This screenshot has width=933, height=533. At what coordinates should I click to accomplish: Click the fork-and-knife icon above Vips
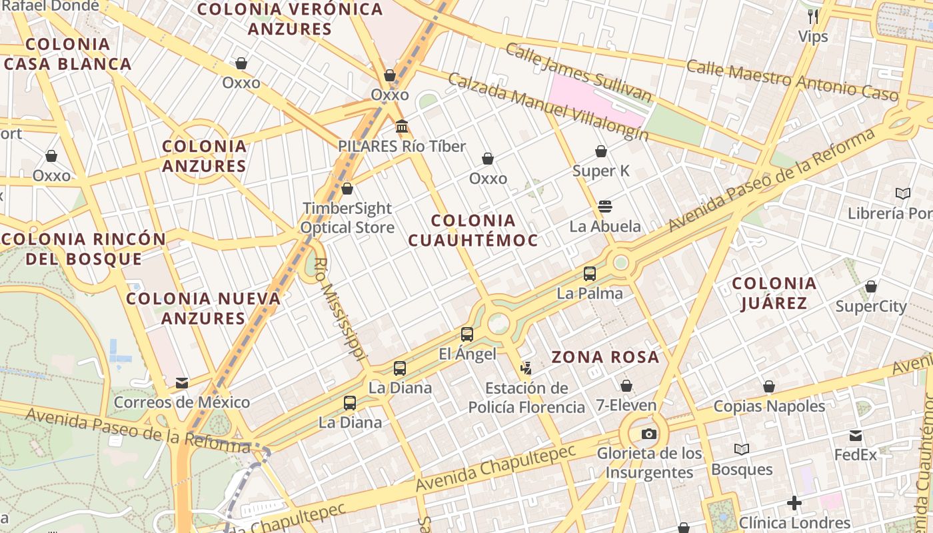(x=813, y=16)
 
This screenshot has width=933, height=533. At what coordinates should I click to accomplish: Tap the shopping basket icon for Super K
(x=601, y=151)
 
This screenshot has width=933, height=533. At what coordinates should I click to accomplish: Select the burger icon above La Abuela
(x=605, y=206)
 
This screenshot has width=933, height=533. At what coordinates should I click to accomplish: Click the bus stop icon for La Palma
(x=590, y=273)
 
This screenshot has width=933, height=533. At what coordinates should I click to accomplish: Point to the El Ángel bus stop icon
(x=467, y=334)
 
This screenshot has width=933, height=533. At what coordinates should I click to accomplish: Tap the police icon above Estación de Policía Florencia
(x=526, y=368)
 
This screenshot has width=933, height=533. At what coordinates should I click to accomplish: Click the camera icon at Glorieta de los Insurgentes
(x=648, y=434)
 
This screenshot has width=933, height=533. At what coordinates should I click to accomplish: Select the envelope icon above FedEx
(x=856, y=436)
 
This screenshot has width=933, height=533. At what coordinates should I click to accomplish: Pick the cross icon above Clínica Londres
(x=794, y=502)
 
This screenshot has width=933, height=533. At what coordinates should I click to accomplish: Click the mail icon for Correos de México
(x=181, y=383)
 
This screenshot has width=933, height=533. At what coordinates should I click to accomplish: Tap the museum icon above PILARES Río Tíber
(x=402, y=126)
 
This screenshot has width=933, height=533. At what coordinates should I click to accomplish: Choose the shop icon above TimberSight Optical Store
(x=347, y=189)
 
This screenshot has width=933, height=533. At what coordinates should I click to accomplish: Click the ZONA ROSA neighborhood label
(x=605, y=357)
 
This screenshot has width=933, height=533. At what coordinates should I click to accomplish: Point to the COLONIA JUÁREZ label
(x=774, y=293)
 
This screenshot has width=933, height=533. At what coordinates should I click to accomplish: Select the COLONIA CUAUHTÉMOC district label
(x=472, y=231)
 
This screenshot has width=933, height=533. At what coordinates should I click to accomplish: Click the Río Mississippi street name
(x=340, y=303)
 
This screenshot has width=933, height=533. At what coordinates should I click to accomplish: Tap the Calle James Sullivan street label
(x=578, y=73)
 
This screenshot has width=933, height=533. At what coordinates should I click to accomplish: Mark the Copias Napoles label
(x=769, y=406)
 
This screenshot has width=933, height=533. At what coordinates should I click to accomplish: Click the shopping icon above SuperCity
(x=870, y=286)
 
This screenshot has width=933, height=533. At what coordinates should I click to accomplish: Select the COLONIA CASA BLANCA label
(x=68, y=54)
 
